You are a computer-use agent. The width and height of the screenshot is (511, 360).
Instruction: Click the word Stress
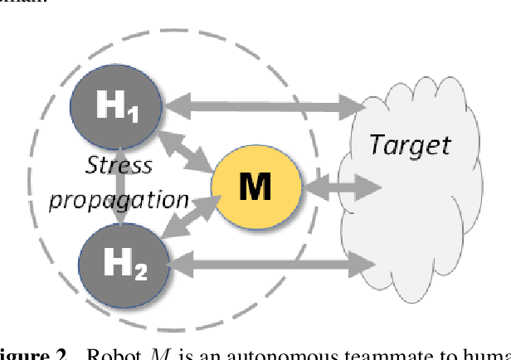(x=119, y=164)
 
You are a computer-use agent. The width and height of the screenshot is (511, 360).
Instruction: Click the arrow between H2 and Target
(x=274, y=265)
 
